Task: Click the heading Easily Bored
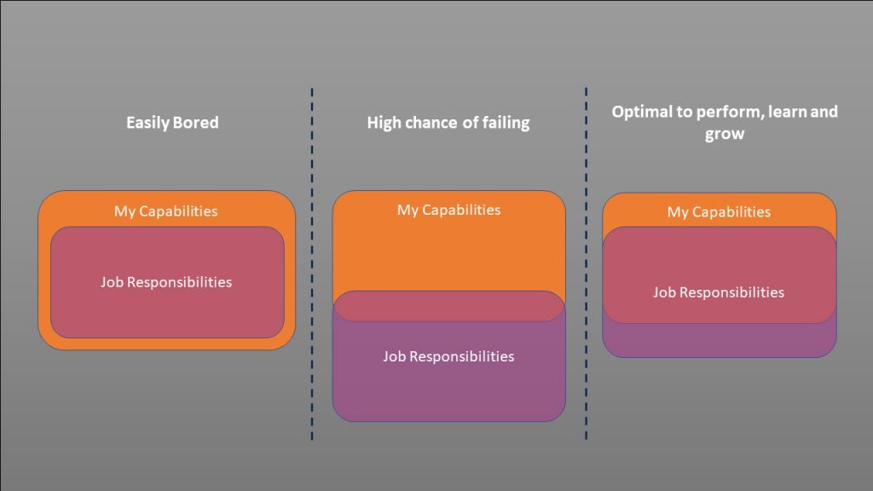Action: coord(172,123)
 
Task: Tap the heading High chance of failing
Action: coord(448,123)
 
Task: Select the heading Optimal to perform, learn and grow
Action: coord(725,123)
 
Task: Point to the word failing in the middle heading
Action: coord(506,123)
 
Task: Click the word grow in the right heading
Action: coord(725,134)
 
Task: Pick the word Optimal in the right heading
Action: coord(641,112)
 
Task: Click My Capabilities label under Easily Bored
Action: coord(166,211)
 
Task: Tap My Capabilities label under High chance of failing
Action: coord(448,210)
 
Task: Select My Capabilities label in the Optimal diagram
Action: coord(719,212)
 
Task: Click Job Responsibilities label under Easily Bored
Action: coord(166,282)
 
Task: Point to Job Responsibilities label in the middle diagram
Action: coord(448,356)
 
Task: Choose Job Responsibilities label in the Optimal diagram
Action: coord(718,293)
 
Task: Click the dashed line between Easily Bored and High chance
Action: coord(312,264)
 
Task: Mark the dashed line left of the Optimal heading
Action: coord(586,264)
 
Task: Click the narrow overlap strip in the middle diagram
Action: coord(448,306)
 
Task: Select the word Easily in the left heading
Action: coord(147,123)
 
